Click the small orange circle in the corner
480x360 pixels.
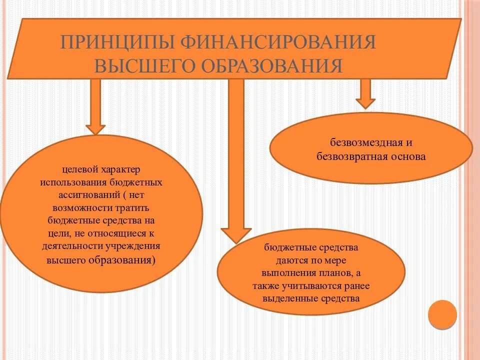pyautogui.click(x=442, y=314)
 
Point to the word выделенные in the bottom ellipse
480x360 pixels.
pyautogui.click(x=286, y=299)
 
